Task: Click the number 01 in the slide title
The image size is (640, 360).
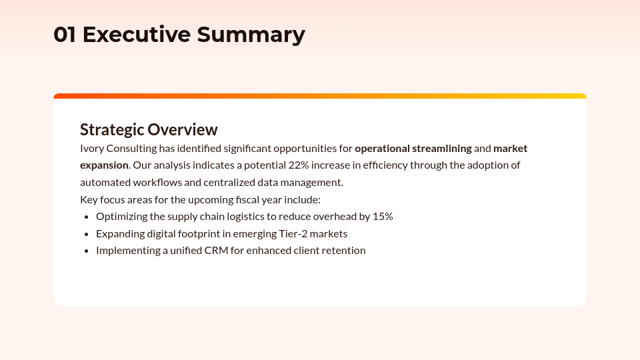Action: coord(65,35)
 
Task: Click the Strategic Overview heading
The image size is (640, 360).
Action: coord(149,129)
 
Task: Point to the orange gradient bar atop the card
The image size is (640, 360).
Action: coord(320,96)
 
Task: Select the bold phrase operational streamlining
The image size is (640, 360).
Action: coord(413,148)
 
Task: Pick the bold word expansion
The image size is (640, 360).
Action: coord(104,165)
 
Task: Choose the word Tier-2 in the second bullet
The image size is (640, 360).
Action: coord(293,233)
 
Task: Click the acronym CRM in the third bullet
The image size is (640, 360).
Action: coord(216,250)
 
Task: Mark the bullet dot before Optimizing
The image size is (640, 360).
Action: coord(87,217)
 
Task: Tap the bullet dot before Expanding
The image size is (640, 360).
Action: coord(87,234)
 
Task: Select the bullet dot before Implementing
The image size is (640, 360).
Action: coord(87,251)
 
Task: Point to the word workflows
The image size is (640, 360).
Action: coord(157,182)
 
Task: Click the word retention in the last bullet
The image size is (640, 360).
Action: coord(343,250)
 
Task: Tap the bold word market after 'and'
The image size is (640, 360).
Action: coord(510,148)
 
